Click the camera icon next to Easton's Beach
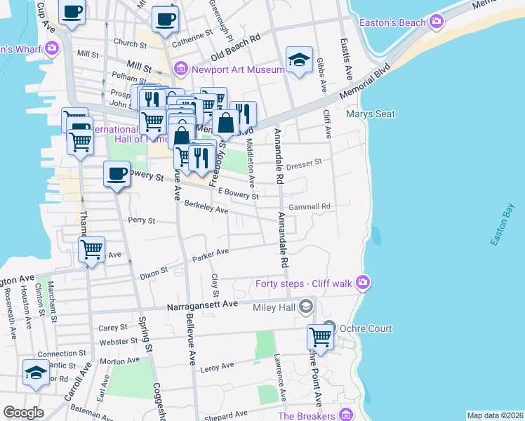[x=437, y=22]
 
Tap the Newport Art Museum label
[x=238, y=69]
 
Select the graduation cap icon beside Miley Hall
[x=305, y=306]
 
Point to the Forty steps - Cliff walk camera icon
[x=363, y=283]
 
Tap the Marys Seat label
[x=370, y=114]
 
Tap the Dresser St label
[x=304, y=161]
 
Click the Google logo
[x=23, y=413]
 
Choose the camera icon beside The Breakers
[x=345, y=415]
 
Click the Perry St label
[x=140, y=220]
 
